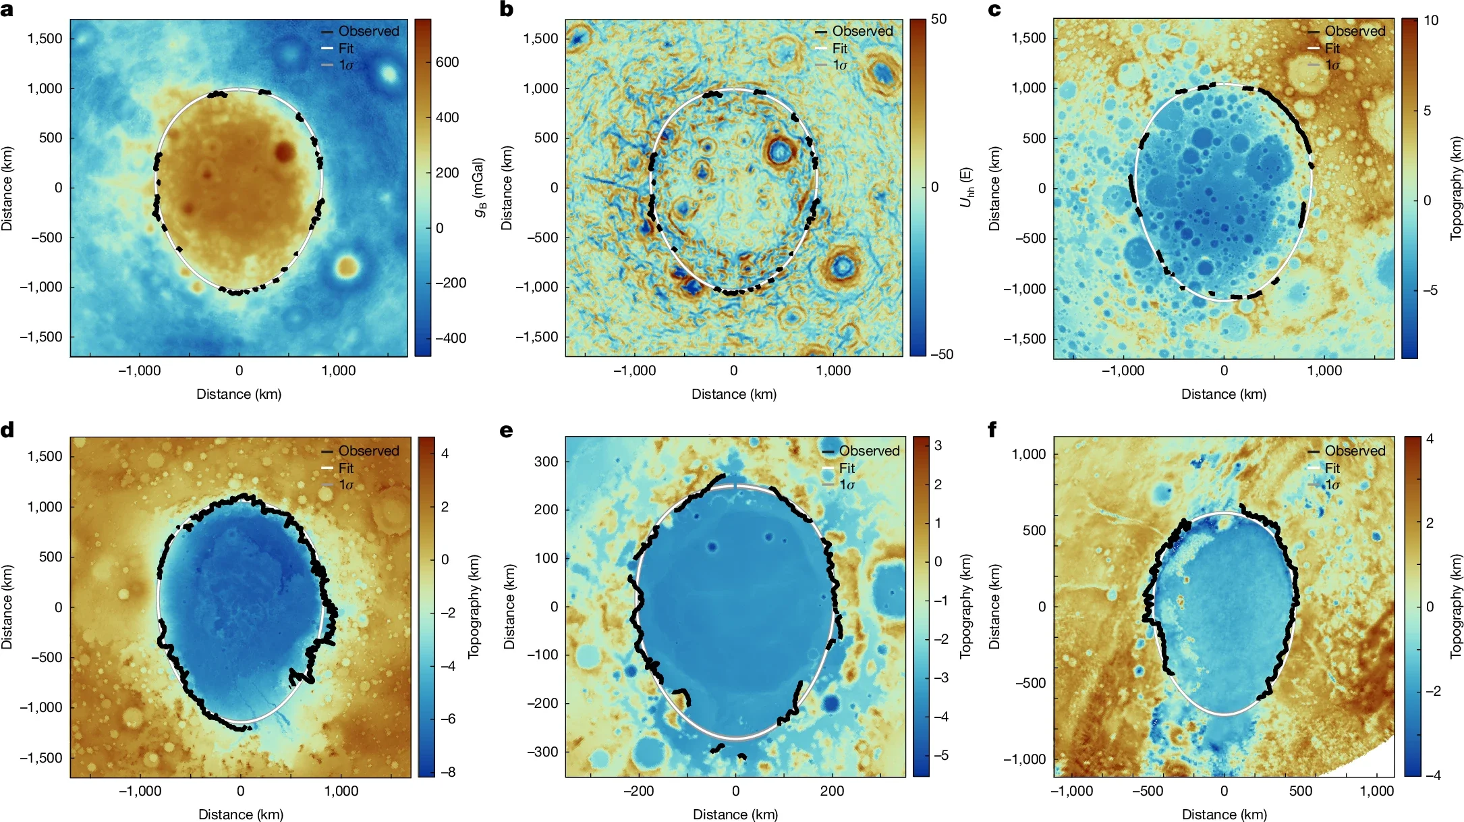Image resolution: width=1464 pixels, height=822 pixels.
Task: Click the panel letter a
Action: pos(7,9)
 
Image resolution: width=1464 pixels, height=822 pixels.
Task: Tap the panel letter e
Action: pos(507,430)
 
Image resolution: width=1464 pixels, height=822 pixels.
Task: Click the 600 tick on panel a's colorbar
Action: pos(447,62)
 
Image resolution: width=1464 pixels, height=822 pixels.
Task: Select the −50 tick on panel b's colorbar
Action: pos(942,354)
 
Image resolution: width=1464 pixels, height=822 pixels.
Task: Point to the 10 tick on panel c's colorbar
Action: pos(1431,20)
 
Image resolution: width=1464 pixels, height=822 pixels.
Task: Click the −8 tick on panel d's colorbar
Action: pos(447,772)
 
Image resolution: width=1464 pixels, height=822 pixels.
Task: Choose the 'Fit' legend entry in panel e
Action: pos(847,468)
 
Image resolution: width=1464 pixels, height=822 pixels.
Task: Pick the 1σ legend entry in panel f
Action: pos(1332,485)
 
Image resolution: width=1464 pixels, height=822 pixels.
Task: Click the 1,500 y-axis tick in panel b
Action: pos(540,38)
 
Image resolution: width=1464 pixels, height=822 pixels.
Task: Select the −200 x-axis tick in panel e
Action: pos(638,791)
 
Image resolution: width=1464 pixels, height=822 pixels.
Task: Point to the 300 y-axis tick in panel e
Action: pos(546,462)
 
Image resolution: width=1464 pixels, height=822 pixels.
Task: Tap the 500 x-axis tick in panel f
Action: pos(1300,791)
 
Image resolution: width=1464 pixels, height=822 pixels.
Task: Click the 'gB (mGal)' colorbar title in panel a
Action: pos(480,188)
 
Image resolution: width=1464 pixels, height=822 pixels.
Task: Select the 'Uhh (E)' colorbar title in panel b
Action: pos(966,188)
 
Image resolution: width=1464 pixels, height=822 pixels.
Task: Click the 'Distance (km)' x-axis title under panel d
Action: pos(240,815)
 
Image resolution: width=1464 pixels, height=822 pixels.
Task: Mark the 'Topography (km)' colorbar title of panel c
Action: pos(1456,188)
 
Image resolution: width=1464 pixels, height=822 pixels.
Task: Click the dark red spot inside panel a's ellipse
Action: pos(284,151)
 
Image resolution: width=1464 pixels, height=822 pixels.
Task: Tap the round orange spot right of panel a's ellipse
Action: pos(347,266)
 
